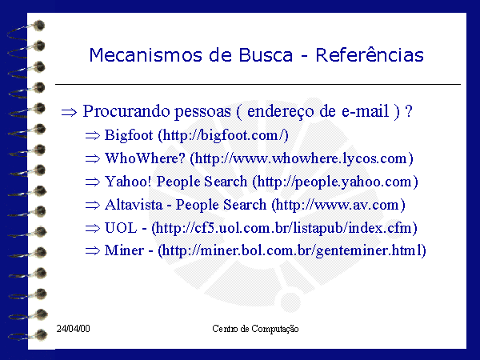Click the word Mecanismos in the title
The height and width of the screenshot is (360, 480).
146,55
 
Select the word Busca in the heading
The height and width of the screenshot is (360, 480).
266,55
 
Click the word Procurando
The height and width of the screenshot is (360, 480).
126,110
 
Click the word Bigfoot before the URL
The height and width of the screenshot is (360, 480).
129,135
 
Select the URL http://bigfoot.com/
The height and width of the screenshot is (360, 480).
224,135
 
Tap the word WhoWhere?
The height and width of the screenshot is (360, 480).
145,158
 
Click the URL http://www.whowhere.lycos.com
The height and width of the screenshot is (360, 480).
301,158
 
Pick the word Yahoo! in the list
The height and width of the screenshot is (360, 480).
128,182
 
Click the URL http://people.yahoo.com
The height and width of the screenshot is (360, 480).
334,182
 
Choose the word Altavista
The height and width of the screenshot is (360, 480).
134,205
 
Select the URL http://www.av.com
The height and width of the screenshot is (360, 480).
338,205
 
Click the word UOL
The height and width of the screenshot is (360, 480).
121,228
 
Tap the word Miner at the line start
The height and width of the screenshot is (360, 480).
124,250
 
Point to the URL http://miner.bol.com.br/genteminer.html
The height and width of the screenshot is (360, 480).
292,250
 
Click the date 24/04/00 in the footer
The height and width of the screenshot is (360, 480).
73,329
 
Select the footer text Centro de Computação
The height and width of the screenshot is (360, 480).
255,329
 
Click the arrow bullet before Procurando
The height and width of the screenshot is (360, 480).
69,112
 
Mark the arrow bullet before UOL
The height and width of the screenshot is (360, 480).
93,228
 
